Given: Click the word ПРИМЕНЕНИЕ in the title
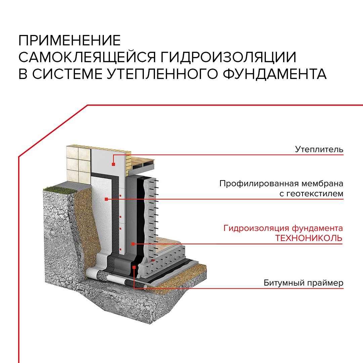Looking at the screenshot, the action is [70, 40].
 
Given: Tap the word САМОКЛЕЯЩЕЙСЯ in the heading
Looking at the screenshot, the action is [87, 57].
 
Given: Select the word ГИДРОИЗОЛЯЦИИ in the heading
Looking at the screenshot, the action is [228, 57].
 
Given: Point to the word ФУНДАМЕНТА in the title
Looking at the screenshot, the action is [275, 74].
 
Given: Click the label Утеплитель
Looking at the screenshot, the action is [319, 149].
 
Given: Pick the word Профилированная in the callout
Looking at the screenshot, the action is [261, 184].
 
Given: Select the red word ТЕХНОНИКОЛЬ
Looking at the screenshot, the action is [309, 238].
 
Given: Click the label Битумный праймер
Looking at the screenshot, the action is [304, 283].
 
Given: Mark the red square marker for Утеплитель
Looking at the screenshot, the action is [114, 164].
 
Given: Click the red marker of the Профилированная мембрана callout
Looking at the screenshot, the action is [106, 199].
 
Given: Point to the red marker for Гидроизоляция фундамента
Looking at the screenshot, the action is [133, 244].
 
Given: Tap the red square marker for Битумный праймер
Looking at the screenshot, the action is [134, 268].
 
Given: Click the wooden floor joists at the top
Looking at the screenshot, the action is [142, 164].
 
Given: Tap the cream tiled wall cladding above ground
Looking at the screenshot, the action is [78, 165].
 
